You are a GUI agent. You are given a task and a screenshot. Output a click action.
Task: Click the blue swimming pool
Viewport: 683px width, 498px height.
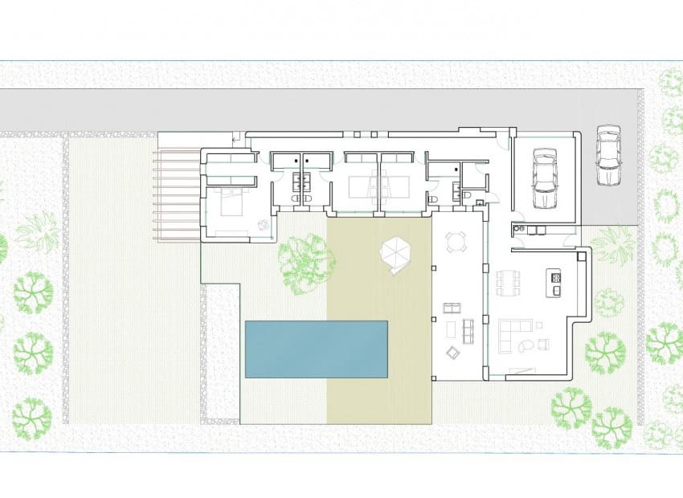coord(316,349)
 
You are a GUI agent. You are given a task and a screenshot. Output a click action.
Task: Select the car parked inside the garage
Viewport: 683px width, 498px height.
coord(545,178)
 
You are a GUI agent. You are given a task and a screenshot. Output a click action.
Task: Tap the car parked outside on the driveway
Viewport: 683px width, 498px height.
coord(608,154)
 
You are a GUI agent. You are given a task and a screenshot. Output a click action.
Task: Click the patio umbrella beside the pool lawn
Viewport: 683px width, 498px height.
coord(395,254)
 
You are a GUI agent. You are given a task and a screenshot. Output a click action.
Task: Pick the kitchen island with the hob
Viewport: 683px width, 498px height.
coord(554,282)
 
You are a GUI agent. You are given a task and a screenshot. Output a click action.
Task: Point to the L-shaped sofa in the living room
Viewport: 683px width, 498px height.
coord(511,333)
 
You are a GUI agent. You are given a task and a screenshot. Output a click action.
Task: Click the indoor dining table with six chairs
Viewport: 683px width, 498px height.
coord(507,282)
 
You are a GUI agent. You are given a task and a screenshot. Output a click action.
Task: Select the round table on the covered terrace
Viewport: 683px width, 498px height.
coord(456,242)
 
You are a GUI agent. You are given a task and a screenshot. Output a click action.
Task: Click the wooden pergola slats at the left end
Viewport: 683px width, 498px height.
coord(177,197)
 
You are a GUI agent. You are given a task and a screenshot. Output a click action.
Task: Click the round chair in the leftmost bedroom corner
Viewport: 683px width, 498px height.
coord(263,226)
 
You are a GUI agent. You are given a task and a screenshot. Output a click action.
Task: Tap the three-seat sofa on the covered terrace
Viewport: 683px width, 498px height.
coord(470,330)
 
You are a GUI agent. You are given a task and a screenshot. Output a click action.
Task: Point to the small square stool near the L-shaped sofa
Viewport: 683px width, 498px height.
coord(544,345)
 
